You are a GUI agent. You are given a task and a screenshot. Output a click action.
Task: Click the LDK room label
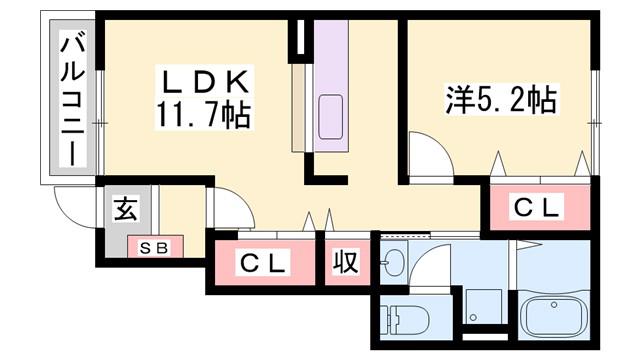(x=206, y=82)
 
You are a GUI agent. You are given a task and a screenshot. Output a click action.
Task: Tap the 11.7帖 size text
(x=203, y=115)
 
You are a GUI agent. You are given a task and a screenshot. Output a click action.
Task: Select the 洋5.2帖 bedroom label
(x=501, y=100)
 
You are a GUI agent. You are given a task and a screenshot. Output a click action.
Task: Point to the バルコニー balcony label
(x=73, y=101)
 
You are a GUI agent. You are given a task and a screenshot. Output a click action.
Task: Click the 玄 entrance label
(x=126, y=208)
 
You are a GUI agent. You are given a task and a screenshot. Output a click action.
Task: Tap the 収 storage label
(x=346, y=262)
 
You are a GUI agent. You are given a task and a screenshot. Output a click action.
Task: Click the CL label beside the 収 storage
(x=262, y=263)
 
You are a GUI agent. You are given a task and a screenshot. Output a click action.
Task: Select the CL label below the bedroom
(x=536, y=207)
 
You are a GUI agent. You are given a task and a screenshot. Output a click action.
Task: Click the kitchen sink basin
(x=330, y=117)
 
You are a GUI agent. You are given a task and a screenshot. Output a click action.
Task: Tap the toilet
(x=404, y=318)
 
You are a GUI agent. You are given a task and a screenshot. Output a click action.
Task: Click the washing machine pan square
(x=484, y=306)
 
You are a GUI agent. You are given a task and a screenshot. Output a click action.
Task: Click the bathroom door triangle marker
(x=529, y=244)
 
